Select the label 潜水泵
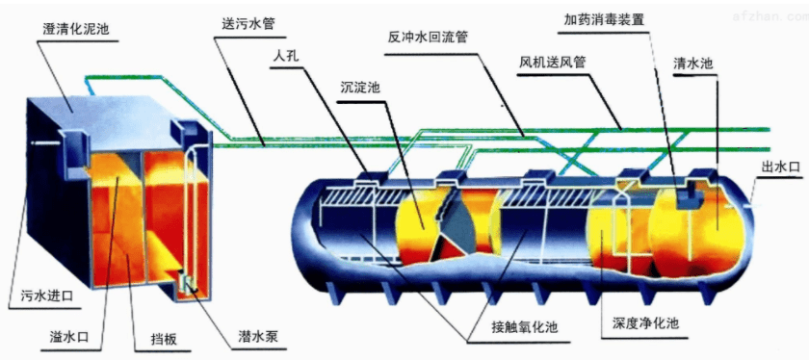258,337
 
